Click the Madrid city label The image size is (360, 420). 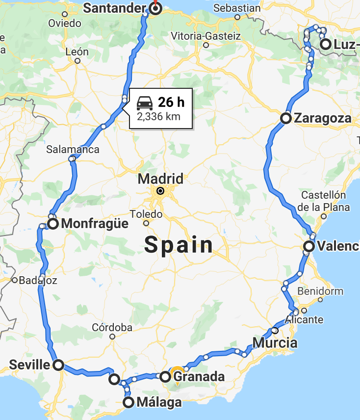[x=160, y=178]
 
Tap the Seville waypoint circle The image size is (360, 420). [x=58, y=365]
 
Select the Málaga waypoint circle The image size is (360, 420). [x=129, y=403]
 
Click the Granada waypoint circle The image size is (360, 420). [x=165, y=377]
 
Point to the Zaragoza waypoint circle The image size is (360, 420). [x=286, y=118]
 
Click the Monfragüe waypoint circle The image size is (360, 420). [x=53, y=224]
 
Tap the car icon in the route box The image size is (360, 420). [x=144, y=103]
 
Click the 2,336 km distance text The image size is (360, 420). [x=158, y=117]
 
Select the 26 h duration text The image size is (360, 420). [x=171, y=102]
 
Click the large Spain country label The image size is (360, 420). [x=179, y=245]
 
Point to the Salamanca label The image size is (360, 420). [x=73, y=150]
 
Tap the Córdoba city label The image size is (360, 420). [x=112, y=327]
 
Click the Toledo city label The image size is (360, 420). [x=146, y=214]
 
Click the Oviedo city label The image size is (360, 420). [x=65, y=23]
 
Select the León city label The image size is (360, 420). [x=77, y=52]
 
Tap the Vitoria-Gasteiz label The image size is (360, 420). [x=206, y=36]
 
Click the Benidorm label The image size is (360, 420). [x=320, y=290]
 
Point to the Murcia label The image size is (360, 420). [x=275, y=342]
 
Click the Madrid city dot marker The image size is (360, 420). [x=160, y=191]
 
